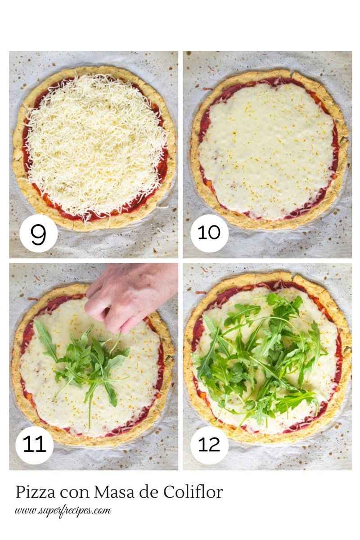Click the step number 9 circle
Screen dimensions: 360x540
click(38, 234)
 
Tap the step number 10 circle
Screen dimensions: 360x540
click(209, 234)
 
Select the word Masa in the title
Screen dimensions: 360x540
click(114, 492)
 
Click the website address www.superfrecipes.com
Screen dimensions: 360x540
click(63, 511)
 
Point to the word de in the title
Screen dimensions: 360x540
click(148, 492)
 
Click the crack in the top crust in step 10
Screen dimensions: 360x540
click(293, 75)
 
